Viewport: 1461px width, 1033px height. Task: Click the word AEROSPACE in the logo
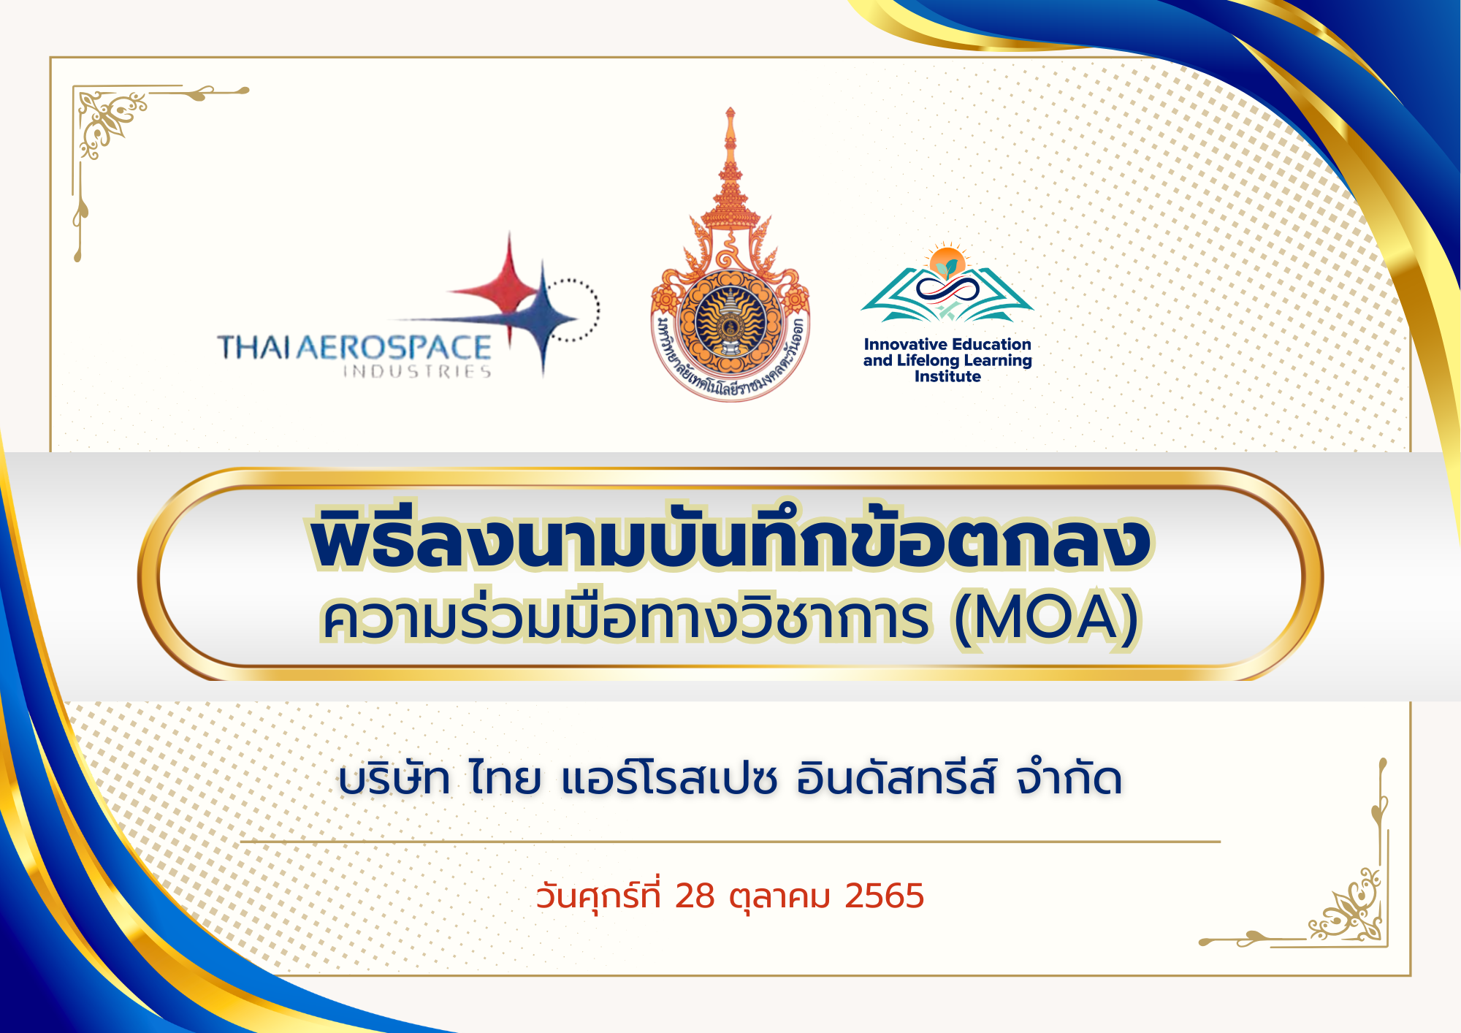(393, 348)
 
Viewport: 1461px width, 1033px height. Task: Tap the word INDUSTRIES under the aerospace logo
(418, 372)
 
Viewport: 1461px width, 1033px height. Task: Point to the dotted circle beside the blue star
(573, 309)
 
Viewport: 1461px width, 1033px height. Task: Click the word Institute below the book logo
(947, 377)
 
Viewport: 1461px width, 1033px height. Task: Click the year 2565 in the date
(884, 896)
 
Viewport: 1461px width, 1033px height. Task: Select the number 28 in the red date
(695, 896)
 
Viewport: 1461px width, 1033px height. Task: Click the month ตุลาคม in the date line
(780, 897)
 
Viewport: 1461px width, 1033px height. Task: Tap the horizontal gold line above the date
(730, 842)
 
